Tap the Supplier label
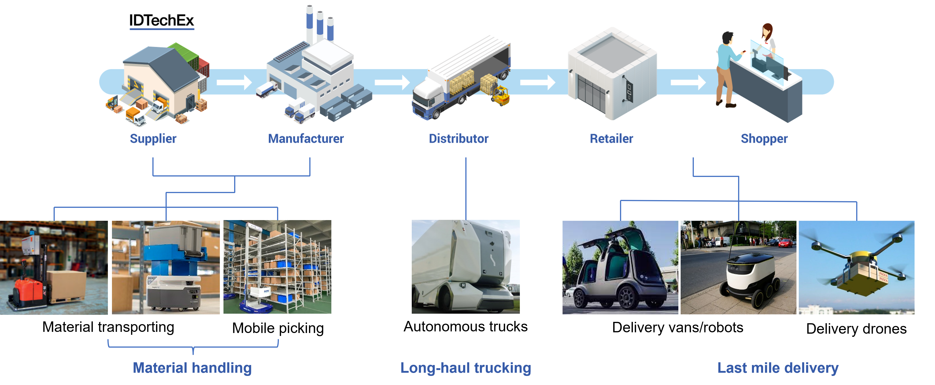153,138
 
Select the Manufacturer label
306,138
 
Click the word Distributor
459,138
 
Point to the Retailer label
611,138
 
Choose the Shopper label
764,138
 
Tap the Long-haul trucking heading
466,368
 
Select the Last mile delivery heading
778,368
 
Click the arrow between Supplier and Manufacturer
234,82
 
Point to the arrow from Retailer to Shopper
688,82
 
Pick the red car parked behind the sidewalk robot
786,242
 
